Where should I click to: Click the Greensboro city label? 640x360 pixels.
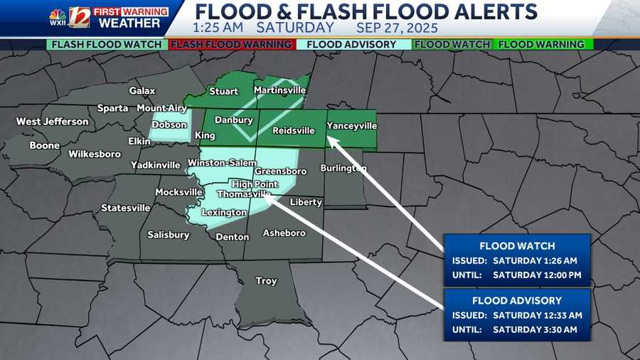[280, 171]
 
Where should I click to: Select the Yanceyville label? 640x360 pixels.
[351, 126]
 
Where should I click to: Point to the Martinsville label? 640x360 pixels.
[279, 90]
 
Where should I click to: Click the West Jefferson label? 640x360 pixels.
[53, 122]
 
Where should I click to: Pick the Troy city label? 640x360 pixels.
[266, 281]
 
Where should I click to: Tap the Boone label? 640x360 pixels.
[44, 146]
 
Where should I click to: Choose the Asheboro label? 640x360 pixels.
[284, 233]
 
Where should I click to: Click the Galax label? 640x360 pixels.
[142, 90]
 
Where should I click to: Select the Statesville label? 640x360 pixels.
[126, 208]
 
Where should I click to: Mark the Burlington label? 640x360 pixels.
[343, 169]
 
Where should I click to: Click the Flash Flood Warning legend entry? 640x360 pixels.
[232, 44]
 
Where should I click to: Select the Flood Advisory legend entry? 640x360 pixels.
[353, 44]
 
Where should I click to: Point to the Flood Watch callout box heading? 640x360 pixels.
[517, 246]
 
